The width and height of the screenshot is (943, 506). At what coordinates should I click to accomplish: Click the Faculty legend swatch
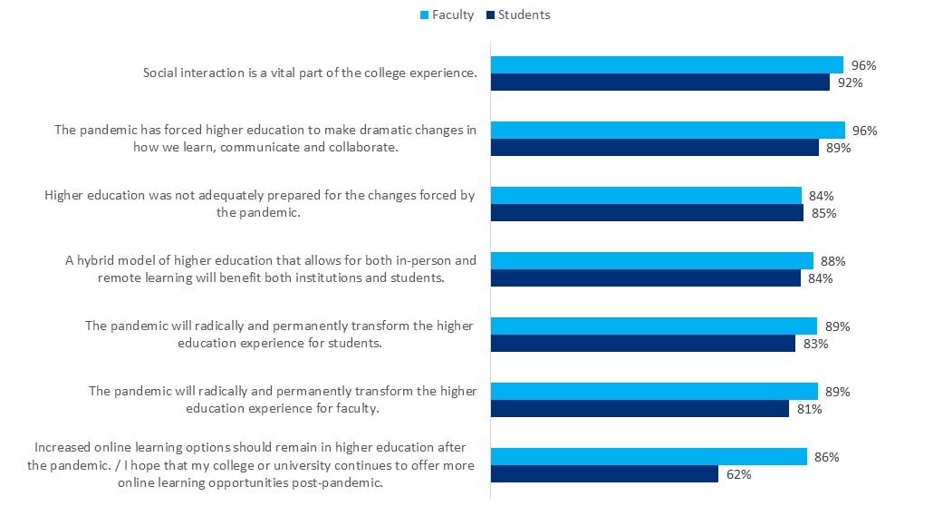tap(424, 15)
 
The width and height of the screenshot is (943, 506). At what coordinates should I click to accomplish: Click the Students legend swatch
tap(490, 15)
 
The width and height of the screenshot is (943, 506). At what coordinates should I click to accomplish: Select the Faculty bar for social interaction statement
tap(666, 65)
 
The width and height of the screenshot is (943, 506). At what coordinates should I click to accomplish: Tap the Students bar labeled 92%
tap(659, 83)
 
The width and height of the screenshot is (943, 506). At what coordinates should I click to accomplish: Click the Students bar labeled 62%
tap(604, 474)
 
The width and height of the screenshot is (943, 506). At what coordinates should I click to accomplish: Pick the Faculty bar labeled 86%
tap(648, 457)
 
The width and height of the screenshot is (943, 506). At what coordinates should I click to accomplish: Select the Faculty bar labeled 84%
tap(645, 196)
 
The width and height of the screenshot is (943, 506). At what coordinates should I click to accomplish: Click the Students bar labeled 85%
tap(647, 213)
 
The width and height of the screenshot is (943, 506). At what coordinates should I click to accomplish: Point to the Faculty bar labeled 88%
tap(651, 261)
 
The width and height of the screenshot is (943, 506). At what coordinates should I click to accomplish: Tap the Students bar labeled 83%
tap(642, 344)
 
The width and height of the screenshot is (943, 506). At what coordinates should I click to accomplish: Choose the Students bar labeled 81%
tap(640, 409)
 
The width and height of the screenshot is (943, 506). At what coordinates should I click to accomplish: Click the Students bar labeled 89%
tap(654, 148)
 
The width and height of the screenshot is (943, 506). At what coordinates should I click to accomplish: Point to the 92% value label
tap(850, 83)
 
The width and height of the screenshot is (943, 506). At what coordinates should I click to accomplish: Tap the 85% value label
tap(823, 213)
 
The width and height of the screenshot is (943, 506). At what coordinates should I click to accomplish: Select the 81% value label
tap(809, 409)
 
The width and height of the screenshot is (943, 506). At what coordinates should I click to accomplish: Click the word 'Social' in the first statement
tap(161, 73)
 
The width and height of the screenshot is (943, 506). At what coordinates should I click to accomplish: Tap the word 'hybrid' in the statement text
tap(96, 261)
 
